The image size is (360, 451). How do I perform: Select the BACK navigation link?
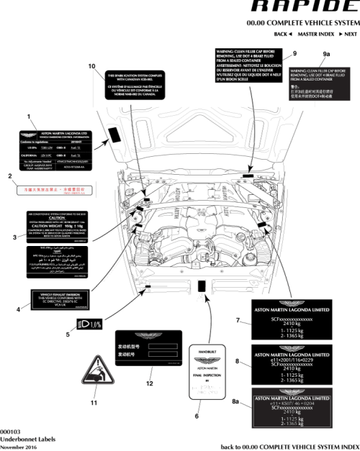(282, 35)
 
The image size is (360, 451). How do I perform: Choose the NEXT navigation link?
(348, 35)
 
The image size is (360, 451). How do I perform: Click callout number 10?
(91, 66)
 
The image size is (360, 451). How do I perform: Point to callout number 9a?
(327, 54)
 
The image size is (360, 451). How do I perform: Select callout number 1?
(28, 115)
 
